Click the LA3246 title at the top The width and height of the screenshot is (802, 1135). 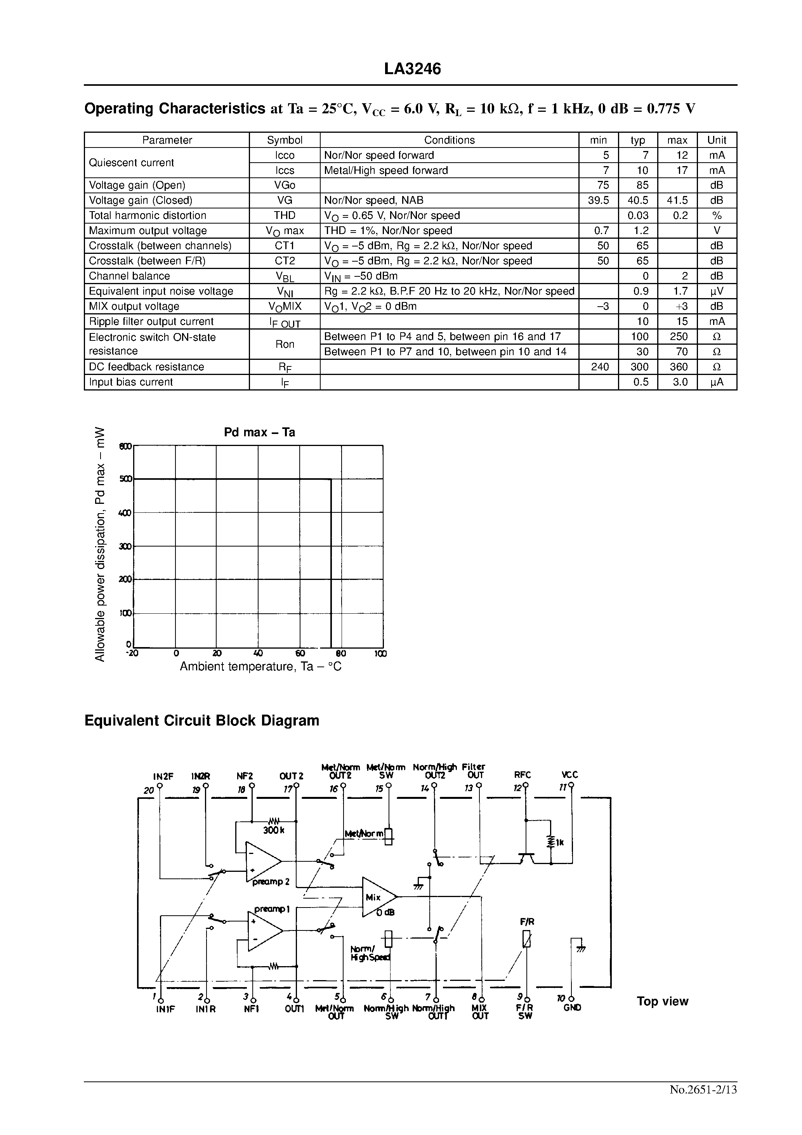tap(412, 69)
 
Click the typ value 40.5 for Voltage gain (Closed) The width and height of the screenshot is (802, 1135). tap(638, 200)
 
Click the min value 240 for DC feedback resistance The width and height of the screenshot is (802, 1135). tap(599, 367)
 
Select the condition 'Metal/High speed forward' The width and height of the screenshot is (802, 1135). tap(386, 170)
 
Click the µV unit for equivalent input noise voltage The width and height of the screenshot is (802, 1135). tap(717, 291)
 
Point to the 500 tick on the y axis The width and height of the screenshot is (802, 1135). tap(126, 479)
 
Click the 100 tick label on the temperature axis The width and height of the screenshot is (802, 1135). tap(380, 654)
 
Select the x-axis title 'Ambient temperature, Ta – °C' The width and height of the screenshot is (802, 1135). tap(260, 667)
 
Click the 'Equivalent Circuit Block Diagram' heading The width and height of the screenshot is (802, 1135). tap(202, 721)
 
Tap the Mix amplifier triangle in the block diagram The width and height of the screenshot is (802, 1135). tap(378, 897)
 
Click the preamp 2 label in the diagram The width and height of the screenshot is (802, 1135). tap(271, 882)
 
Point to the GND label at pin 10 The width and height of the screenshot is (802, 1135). tap(572, 1007)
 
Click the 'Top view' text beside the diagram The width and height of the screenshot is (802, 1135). tap(662, 1001)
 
